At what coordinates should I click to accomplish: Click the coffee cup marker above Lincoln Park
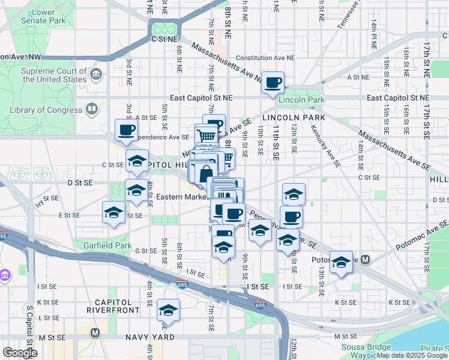273,82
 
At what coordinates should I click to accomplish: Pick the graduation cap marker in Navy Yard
168,310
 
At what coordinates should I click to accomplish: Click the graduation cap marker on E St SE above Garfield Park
113,213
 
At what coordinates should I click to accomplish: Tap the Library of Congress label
46,110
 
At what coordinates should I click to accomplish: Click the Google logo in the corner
20,352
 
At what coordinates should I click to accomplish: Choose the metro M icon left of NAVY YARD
94,332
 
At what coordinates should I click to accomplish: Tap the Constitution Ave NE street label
266,58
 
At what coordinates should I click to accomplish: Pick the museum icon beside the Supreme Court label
96,76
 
